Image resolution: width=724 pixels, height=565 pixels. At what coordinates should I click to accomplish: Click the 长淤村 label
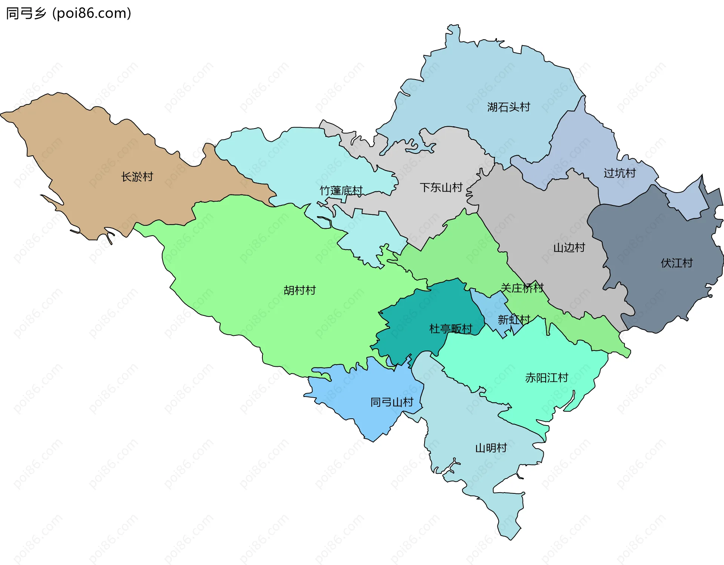point(137,177)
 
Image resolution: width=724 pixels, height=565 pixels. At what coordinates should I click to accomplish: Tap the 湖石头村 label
point(508,107)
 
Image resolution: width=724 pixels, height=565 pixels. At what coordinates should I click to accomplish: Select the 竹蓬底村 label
point(341,191)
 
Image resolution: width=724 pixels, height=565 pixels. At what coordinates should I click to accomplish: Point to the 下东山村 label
point(441,187)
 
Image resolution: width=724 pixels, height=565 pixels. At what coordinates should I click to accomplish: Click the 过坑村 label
point(620,173)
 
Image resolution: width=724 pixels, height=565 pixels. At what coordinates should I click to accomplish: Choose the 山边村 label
point(569,248)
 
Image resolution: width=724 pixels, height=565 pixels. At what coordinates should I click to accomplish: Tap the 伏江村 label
point(676,263)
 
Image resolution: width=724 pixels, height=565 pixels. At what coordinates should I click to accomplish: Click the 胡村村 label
point(299,290)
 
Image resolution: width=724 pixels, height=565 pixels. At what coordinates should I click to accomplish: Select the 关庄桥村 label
point(522,288)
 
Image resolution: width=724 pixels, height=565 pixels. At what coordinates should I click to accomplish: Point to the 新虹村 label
point(514,320)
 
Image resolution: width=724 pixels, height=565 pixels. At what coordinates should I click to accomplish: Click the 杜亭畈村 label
point(451,329)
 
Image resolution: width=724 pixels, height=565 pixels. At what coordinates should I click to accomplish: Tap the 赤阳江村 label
point(546,378)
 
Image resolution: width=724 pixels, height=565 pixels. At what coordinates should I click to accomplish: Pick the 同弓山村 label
point(392,402)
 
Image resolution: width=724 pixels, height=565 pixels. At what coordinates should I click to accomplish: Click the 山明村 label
point(491,448)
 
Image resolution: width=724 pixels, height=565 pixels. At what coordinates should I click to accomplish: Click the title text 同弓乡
point(26,13)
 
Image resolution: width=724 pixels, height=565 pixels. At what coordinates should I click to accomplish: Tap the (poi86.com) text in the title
point(92,13)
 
